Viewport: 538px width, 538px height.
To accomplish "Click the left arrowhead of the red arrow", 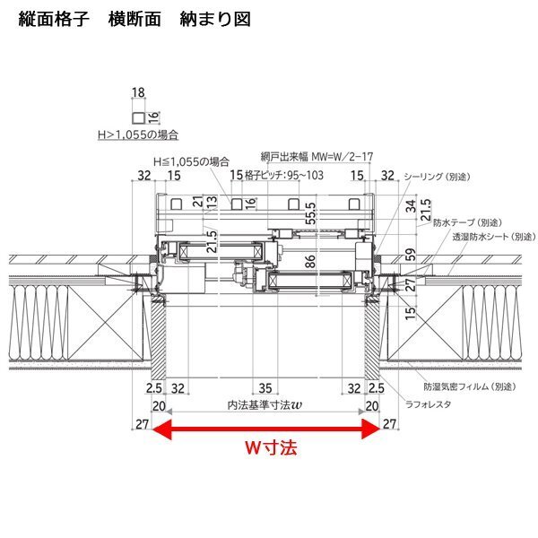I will tap(162, 430).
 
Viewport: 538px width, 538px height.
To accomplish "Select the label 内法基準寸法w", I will tap(265, 405).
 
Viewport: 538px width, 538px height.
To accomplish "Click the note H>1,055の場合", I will tap(138, 134).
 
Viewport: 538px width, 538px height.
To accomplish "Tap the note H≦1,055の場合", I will tap(190, 161).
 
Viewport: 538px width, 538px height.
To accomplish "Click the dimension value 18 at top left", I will tap(137, 93).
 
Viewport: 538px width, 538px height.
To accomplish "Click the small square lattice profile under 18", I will tap(137, 117).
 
